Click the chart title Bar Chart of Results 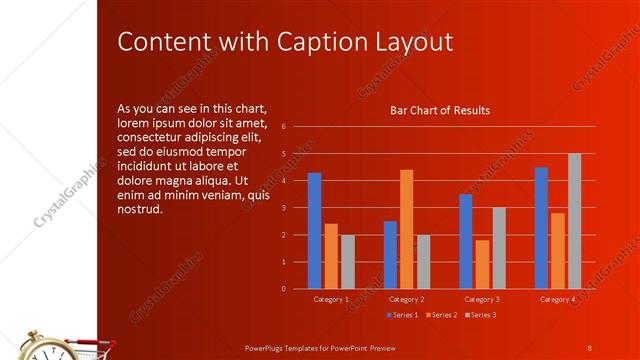(x=439, y=110)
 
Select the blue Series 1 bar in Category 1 (x=314, y=230)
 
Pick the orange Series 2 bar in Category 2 (x=406, y=229)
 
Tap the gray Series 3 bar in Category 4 (x=574, y=221)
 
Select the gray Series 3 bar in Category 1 (x=347, y=262)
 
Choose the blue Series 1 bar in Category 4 (x=541, y=228)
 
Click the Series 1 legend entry (x=402, y=315)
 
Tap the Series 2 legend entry (x=440, y=315)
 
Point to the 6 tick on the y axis (x=284, y=127)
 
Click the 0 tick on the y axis (x=284, y=289)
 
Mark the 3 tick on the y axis (x=284, y=208)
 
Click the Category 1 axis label (x=331, y=299)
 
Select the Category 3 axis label (x=482, y=299)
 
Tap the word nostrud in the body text (x=139, y=210)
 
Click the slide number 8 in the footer (x=590, y=346)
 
